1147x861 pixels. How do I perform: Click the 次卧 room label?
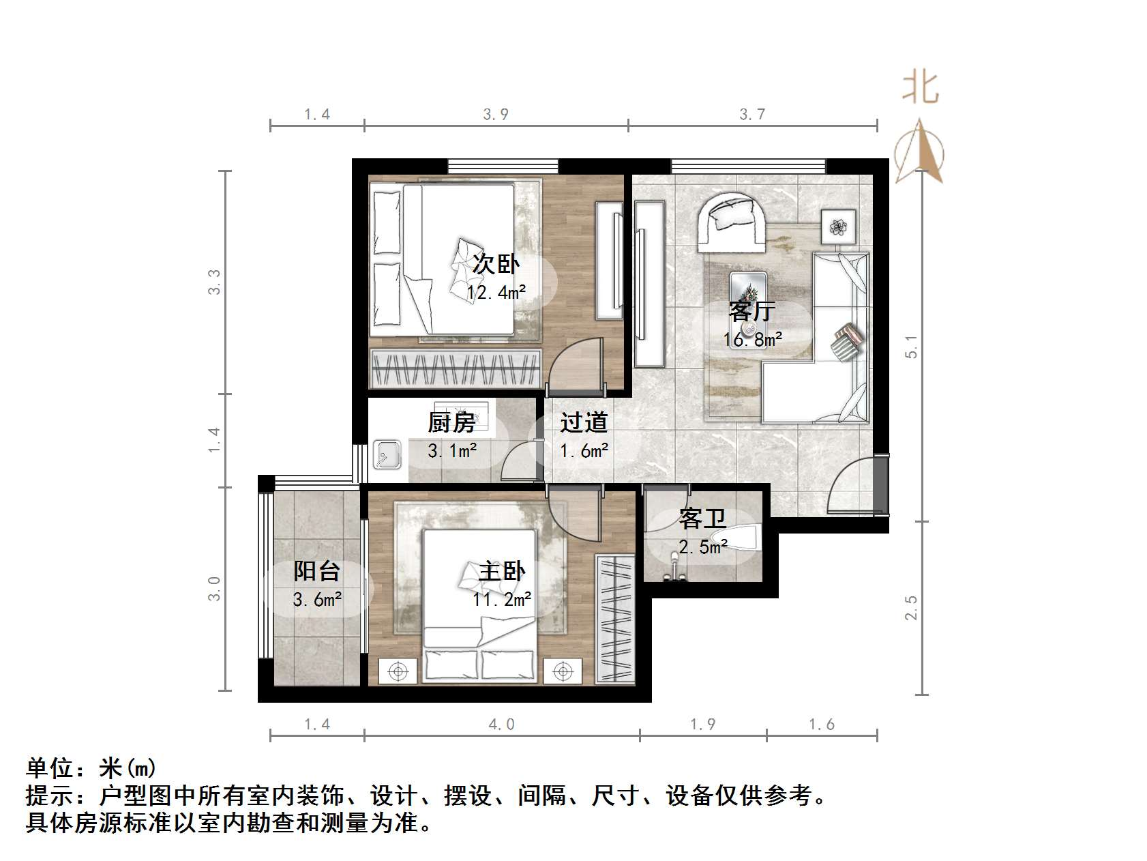(x=496, y=264)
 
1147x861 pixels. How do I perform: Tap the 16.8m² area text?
(x=752, y=339)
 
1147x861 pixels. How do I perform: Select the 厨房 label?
(x=451, y=422)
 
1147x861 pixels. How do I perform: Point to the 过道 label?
(x=584, y=422)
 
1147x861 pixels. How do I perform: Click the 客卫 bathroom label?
(x=702, y=519)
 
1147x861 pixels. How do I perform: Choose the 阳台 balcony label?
(x=316, y=571)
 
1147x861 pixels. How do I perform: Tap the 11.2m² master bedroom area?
(x=502, y=600)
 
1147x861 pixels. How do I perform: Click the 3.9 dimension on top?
(x=496, y=114)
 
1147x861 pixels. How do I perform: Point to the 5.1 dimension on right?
(x=911, y=347)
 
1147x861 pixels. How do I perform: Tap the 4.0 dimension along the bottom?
(x=501, y=725)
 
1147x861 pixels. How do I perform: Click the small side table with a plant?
(x=838, y=225)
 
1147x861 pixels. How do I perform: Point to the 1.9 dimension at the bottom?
(x=702, y=725)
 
